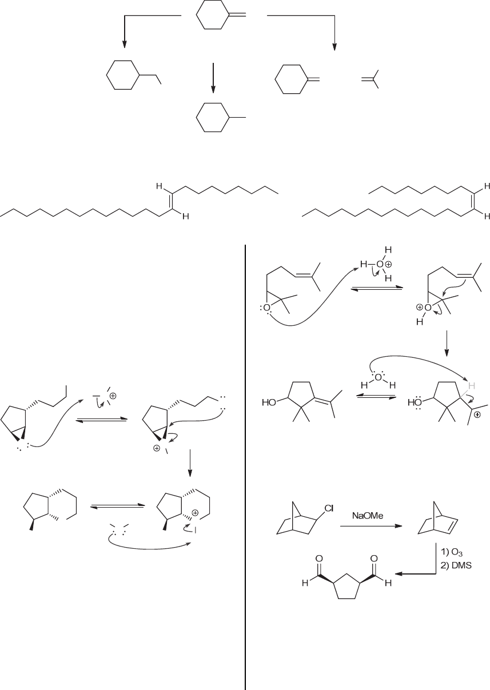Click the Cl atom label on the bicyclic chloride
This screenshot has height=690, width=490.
[329, 506]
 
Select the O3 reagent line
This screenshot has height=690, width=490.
[449, 554]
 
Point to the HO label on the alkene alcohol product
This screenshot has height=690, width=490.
[268, 402]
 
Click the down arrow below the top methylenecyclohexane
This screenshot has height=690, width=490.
[213, 78]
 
